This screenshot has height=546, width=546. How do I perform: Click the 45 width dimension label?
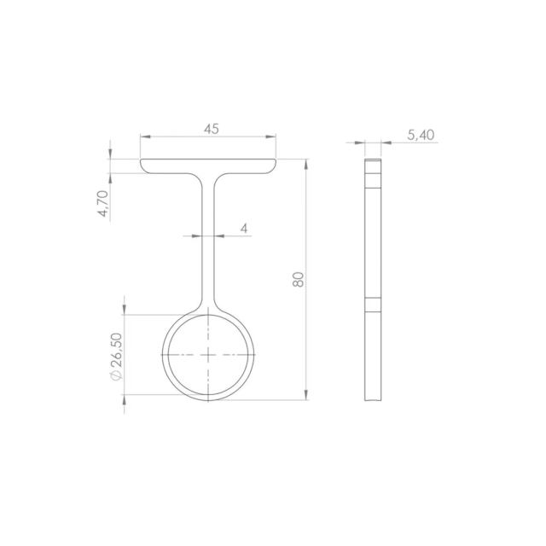tap(212, 129)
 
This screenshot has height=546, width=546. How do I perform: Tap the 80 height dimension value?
tap(298, 279)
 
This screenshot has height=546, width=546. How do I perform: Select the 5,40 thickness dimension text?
tap(421, 135)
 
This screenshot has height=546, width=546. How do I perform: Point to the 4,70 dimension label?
tap(103, 203)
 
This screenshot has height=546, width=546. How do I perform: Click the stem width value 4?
tap(244, 229)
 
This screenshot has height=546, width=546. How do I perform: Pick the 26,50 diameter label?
tap(117, 350)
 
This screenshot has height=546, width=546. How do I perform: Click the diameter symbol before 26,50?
tap(116, 375)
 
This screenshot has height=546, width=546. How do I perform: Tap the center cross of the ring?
tap(208, 355)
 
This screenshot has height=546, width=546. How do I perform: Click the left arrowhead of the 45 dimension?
tap(145, 136)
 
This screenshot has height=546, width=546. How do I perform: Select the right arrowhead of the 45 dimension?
tap(271, 136)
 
